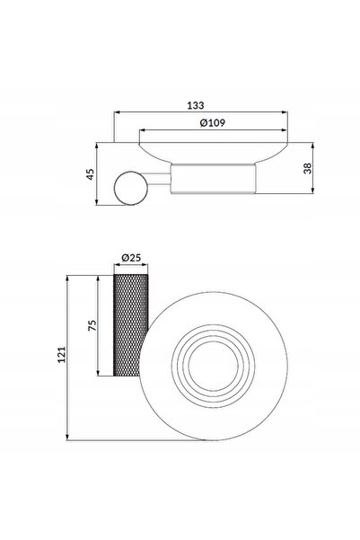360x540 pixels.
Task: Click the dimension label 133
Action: (x=196, y=105)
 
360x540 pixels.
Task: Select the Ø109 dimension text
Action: (x=213, y=122)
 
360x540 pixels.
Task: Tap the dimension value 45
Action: (x=90, y=174)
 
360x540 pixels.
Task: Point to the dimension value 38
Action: (x=307, y=168)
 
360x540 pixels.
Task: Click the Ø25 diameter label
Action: (x=131, y=257)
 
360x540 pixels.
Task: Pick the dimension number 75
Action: (x=92, y=325)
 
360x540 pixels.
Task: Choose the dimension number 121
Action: (x=61, y=354)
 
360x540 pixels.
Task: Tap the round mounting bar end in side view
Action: (x=131, y=188)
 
